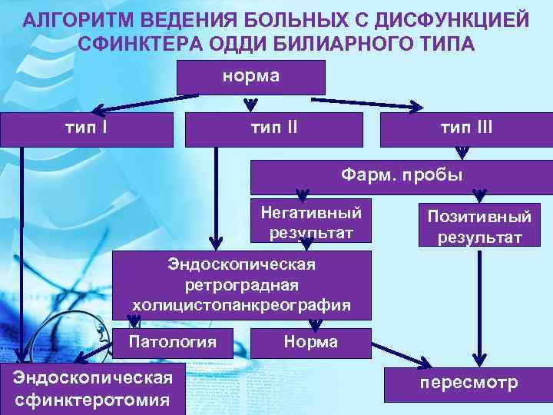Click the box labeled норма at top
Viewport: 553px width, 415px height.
(251, 77)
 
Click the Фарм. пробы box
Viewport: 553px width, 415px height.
(402, 176)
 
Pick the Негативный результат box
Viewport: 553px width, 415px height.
(311, 221)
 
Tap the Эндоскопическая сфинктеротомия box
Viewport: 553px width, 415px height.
(92, 389)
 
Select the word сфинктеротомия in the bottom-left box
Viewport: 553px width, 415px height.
(92, 400)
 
